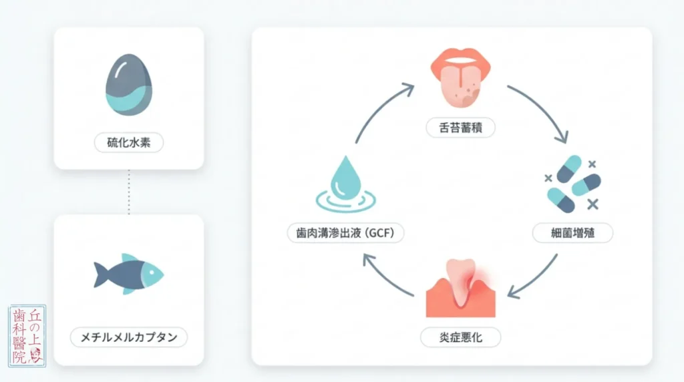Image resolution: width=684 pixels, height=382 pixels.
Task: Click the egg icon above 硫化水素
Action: tap(129, 85)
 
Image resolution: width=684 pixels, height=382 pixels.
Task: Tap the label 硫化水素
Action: tap(129, 143)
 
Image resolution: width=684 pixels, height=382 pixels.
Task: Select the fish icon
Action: tap(129, 274)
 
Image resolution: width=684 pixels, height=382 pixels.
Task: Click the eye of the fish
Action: tap(152, 272)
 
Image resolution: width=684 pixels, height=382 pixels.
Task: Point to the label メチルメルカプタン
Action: tap(129, 337)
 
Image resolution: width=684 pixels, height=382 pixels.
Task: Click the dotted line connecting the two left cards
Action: tap(129, 192)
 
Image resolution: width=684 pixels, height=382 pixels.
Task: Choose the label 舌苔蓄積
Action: tap(461, 128)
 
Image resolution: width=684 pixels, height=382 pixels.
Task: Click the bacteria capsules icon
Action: tap(572, 184)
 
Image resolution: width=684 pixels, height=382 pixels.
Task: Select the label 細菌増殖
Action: tap(572, 233)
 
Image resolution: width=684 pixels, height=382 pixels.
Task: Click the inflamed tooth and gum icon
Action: tap(461, 288)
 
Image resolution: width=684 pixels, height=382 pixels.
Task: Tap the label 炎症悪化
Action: tap(461, 337)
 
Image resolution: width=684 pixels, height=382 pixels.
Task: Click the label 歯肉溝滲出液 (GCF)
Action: tap(345, 233)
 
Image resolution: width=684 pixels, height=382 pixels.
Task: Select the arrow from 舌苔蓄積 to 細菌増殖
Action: tap(543, 108)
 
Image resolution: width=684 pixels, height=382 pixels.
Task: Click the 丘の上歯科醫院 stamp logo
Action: tap(27, 335)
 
